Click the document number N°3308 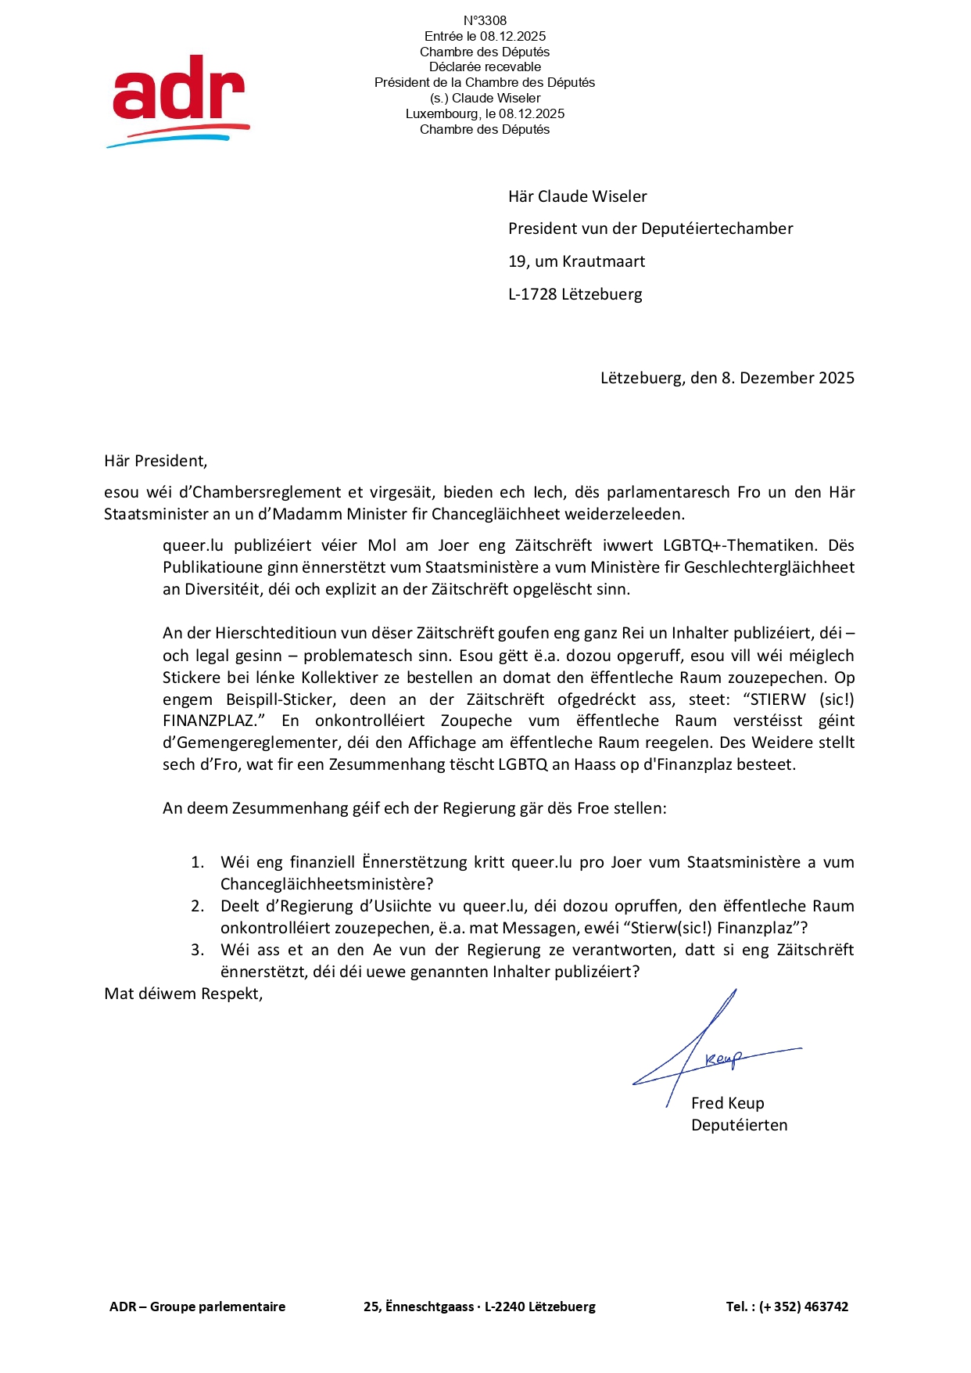(485, 21)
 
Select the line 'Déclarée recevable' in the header (485, 67)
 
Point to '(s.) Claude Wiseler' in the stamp (485, 99)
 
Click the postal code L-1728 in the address (532, 295)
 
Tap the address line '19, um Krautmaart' (576, 262)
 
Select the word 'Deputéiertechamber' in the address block (717, 229)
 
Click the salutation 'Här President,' (156, 462)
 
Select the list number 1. (198, 863)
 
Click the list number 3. (198, 951)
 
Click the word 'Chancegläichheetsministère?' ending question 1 (327, 885)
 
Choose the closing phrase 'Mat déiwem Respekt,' (184, 994)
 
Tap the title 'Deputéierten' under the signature (739, 1126)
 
